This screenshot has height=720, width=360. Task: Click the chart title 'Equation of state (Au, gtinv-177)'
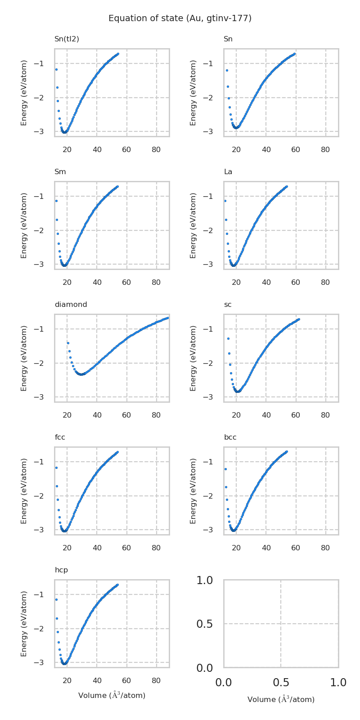180,18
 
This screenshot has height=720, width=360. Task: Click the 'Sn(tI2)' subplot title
67,39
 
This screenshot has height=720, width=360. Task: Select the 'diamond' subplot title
71,305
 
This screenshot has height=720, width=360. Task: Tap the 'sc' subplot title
228,305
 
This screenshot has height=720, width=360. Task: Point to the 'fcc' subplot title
60,437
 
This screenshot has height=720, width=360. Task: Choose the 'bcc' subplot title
230,437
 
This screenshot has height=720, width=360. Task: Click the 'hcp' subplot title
61,570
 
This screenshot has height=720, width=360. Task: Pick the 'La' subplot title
228,172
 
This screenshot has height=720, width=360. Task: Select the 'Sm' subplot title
60,172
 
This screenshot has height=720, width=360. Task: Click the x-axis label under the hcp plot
112,695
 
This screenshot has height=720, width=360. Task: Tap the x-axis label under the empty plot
281,699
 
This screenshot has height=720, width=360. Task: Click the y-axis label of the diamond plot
24,358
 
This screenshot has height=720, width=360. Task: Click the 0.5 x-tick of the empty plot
281,683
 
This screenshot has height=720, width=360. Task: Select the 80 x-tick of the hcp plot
156,680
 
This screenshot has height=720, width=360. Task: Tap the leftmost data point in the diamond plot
68,343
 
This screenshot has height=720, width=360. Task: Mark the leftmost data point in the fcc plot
56,468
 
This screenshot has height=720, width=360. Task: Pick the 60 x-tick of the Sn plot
296,149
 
